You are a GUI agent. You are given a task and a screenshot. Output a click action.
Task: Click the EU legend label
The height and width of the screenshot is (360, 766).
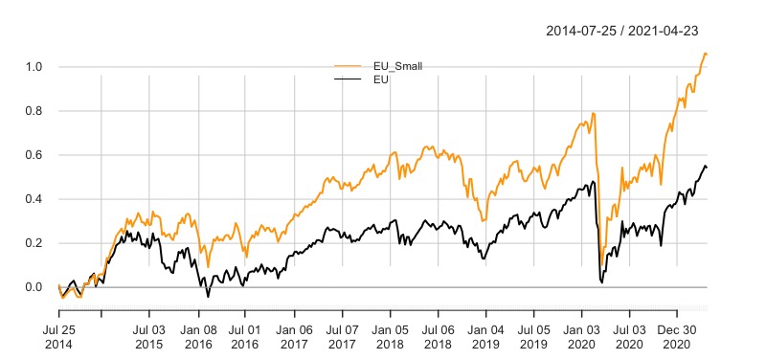point(380,79)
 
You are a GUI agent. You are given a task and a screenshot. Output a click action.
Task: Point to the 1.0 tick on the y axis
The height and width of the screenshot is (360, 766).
point(34,67)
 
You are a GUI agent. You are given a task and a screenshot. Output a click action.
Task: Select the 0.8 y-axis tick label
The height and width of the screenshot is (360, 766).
point(34,111)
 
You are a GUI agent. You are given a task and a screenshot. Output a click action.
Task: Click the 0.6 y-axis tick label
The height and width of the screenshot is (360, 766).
point(34,155)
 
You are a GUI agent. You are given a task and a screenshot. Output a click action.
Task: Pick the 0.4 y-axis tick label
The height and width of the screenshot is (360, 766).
point(34,199)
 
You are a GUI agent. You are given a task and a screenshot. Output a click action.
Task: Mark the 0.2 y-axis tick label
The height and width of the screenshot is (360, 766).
point(34,243)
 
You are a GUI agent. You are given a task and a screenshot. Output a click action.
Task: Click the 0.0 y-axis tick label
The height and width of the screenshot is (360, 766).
point(34,287)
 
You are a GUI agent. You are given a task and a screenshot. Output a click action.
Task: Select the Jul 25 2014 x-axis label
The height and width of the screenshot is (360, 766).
point(58,334)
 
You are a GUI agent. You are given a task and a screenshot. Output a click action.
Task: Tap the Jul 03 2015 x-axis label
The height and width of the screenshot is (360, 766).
point(148,334)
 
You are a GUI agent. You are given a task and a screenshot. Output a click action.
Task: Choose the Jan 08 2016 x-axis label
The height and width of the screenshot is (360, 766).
point(198,334)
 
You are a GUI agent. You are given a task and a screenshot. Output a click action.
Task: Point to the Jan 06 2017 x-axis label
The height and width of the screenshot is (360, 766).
point(294,334)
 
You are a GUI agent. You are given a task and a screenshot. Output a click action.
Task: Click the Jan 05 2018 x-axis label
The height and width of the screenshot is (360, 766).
point(390,334)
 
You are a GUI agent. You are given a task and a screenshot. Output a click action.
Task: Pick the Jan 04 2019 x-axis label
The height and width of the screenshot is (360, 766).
point(485,334)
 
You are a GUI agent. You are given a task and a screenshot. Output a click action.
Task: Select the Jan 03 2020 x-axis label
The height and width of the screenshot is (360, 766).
point(581,334)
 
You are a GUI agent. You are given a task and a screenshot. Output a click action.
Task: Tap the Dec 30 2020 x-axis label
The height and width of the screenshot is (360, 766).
point(677,334)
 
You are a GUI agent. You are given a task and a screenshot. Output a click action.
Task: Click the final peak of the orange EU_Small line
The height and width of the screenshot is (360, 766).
point(705,54)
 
